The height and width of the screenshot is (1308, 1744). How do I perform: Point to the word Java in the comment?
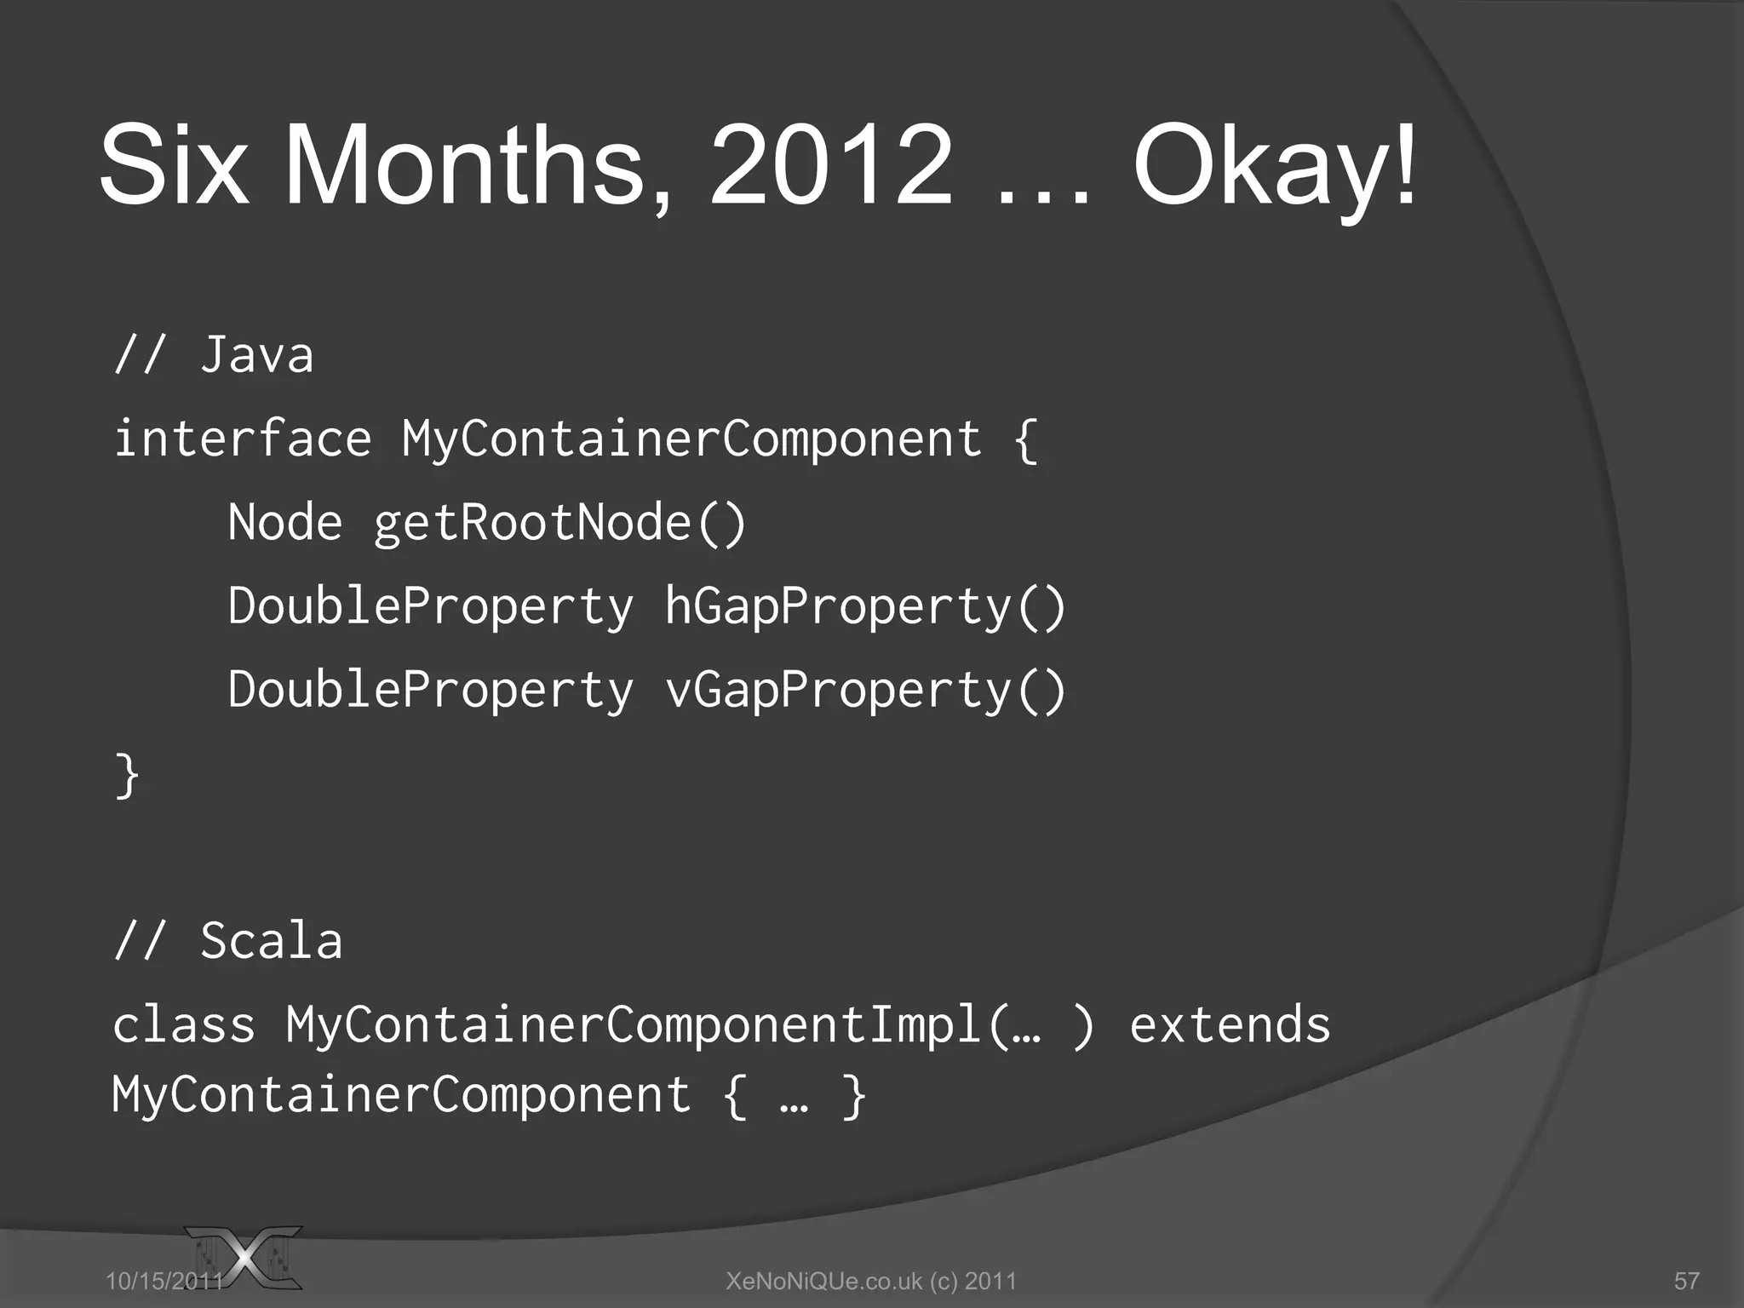(256, 355)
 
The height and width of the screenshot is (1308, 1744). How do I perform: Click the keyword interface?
(243, 439)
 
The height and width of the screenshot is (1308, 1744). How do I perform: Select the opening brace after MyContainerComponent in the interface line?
(1025, 440)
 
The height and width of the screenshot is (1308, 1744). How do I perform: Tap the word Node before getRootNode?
(284, 522)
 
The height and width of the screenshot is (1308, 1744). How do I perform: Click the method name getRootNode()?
(559, 524)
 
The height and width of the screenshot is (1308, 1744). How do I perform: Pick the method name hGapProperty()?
(864, 607)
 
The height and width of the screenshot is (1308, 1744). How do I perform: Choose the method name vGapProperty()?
(864, 691)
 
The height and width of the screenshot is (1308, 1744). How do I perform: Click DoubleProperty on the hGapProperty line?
(431, 607)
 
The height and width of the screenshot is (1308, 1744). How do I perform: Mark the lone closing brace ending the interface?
(127, 775)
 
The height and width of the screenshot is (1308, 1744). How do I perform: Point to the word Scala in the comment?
(271, 942)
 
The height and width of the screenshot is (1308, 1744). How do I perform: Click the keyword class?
(184, 1024)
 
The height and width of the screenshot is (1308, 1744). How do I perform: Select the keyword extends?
(1230, 1024)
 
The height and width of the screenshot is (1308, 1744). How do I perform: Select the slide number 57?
(1686, 1281)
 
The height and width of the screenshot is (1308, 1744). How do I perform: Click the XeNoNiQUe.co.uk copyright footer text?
(870, 1281)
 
